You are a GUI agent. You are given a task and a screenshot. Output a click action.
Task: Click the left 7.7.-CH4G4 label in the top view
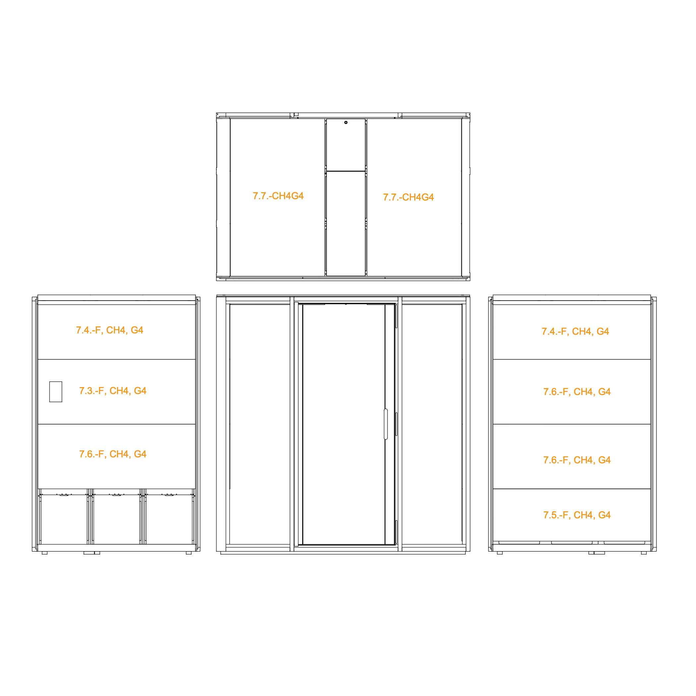pos(278,196)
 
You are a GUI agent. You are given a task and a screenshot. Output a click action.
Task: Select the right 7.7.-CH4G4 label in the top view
pos(408,198)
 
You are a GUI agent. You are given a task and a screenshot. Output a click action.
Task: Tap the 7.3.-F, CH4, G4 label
pos(113,391)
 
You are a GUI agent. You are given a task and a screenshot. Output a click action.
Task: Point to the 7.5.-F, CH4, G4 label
pos(577,515)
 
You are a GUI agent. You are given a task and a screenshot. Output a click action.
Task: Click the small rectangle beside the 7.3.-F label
pos(56,392)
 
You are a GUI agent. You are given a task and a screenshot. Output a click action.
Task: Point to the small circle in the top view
pos(346,123)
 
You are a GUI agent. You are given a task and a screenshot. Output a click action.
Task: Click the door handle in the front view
pos(386,424)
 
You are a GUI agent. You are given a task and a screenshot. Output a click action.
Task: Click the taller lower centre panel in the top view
pos(346,224)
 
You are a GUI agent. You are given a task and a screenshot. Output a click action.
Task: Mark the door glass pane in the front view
pos(344,424)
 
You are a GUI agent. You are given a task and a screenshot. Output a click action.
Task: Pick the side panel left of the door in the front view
pos(260,424)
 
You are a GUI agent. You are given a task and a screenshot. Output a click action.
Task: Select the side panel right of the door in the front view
pos(432,424)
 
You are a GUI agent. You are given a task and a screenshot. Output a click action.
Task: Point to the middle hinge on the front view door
pos(396,424)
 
